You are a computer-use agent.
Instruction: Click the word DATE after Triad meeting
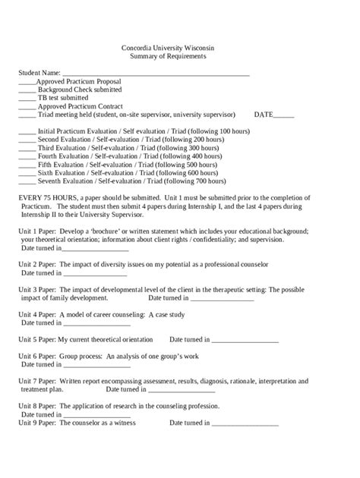[x=264, y=115]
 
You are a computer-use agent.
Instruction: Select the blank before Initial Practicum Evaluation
[x=27, y=132]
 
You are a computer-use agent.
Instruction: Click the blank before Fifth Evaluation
[x=27, y=165]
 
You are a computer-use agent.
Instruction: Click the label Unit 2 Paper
[x=37, y=263]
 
